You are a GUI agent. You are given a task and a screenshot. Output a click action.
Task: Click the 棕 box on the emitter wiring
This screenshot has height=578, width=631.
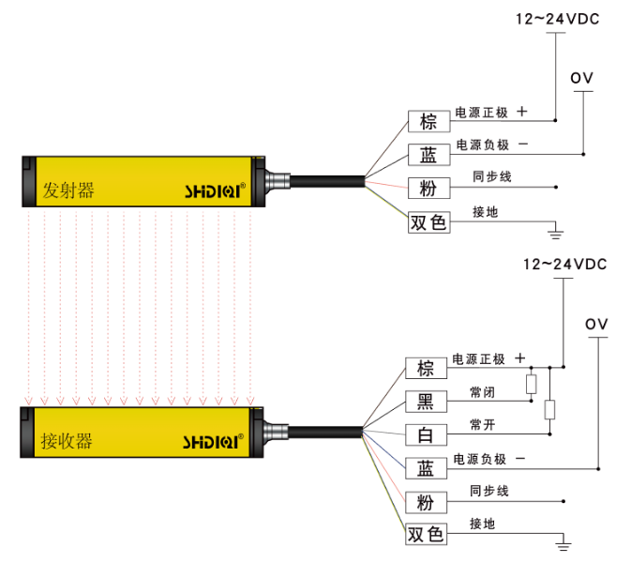[x=428, y=122]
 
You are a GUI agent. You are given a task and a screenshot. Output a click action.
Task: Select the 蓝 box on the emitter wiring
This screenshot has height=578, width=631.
[x=428, y=155]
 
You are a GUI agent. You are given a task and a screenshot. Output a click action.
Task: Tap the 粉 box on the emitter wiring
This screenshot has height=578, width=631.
[x=428, y=189]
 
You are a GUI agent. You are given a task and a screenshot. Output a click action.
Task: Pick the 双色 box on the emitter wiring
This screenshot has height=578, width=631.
[x=428, y=222]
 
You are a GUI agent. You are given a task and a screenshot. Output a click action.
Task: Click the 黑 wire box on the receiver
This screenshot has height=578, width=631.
[x=425, y=402]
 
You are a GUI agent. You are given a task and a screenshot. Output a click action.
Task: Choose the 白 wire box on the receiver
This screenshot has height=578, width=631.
[x=425, y=434]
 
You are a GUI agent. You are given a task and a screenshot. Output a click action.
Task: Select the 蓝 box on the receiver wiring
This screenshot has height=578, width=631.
[x=425, y=468]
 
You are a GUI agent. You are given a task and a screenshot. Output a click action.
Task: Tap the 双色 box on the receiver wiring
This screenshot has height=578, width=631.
[x=426, y=535]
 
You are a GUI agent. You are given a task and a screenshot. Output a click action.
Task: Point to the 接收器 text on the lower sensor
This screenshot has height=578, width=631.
[x=67, y=440]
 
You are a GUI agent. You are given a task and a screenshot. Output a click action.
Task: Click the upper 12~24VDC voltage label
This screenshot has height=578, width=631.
[x=560, y=18]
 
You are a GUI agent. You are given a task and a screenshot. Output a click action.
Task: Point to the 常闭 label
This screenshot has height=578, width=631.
[x=482, y=392]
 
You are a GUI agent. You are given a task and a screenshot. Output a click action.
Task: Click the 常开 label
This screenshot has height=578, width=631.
[x=482, y=425]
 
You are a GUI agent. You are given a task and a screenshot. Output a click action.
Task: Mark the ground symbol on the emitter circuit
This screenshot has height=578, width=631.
[x=555, y=228]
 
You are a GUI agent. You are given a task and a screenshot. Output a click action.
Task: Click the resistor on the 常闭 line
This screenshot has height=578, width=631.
[x=531, y=384]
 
